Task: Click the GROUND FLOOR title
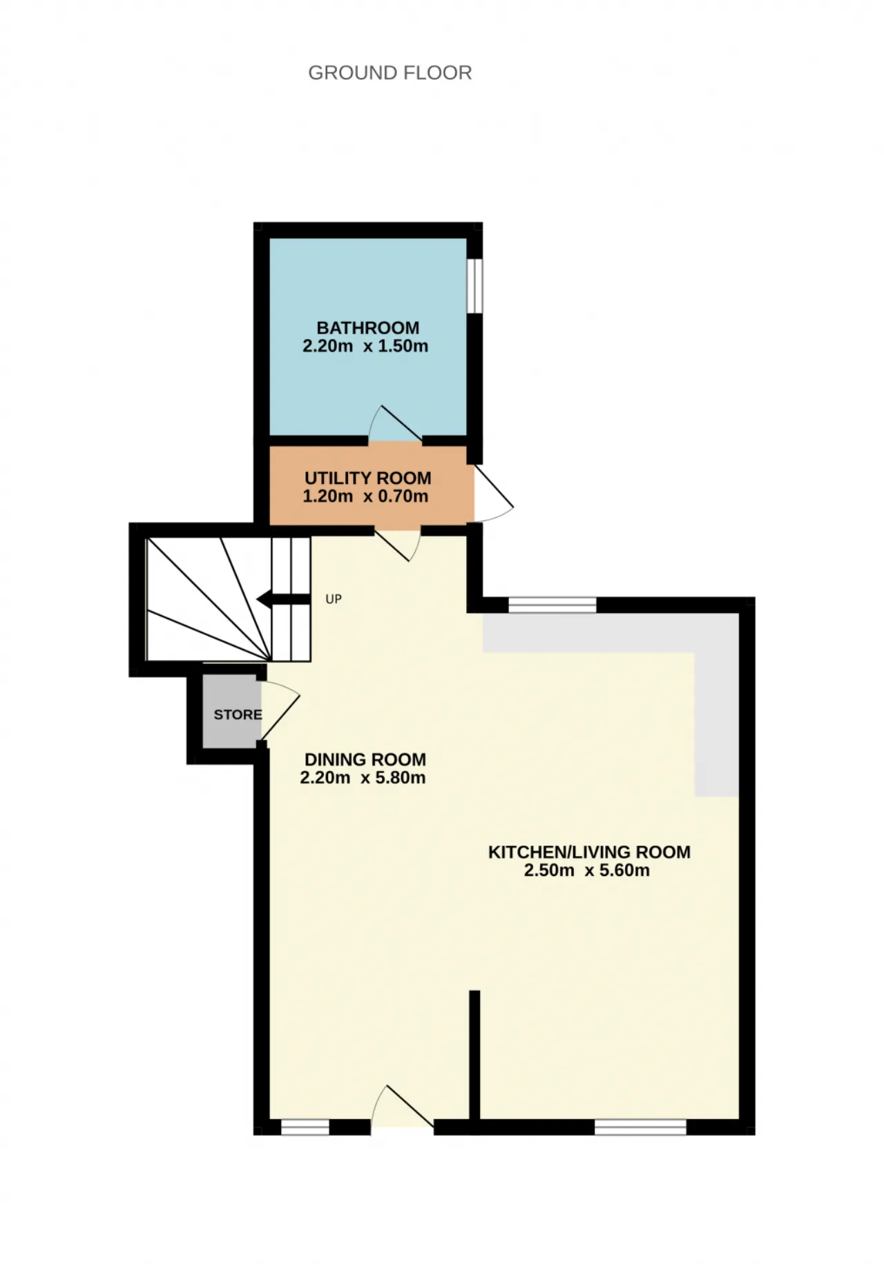pos(390,72)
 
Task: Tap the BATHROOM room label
pos(368,328)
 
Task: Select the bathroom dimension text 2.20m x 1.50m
pos(365,346)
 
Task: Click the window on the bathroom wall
pos(474,285)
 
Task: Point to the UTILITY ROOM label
pos(368,478)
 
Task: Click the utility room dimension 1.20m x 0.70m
pos(365,496)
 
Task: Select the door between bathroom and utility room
pos(395,423)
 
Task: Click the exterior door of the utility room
pos(493,492)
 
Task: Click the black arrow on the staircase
pos(283,599)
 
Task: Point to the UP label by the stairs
pos(334,599)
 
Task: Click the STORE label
pos(238,714)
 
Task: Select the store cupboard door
pos(280,711)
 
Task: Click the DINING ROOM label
pos(365,759)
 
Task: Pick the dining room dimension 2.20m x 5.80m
pos(363,777)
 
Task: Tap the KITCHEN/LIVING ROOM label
pos(589,852)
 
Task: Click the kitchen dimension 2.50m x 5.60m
pos(586,870)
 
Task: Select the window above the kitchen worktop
pos(552,605)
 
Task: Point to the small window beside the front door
pos(305,1127)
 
